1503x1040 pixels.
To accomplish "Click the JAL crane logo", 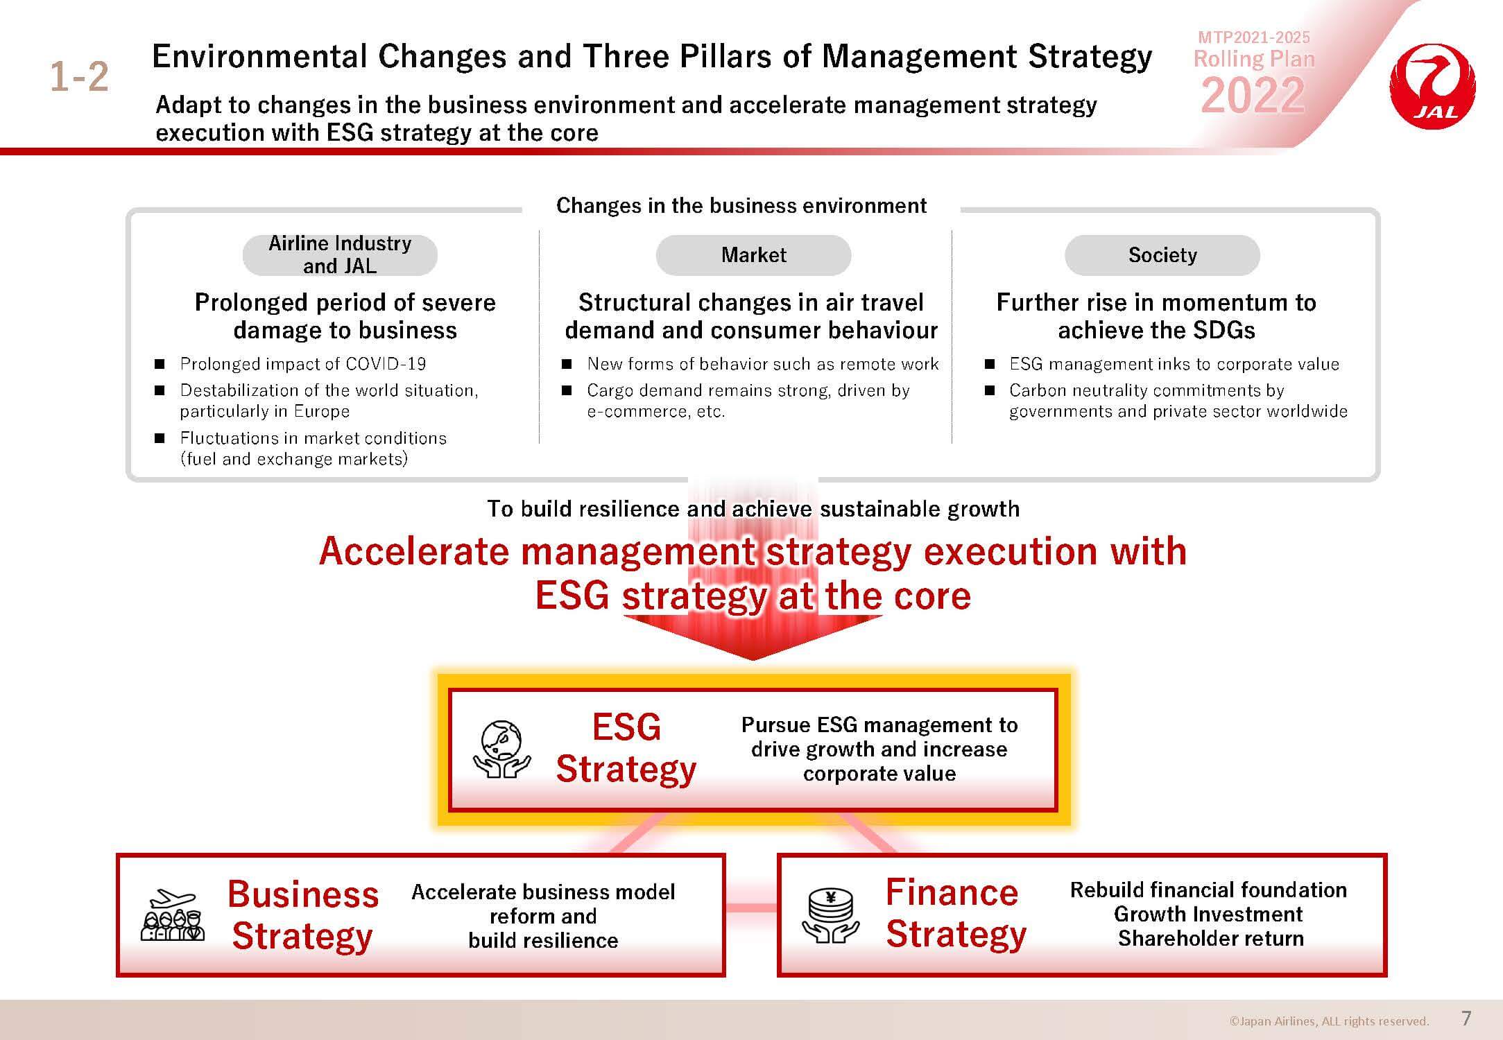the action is click(1432, 87).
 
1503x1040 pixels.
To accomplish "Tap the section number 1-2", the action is click(79, 76).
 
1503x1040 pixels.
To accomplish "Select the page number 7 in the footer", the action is click(1466, 1018).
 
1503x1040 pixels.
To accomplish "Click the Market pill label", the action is click(753, 255).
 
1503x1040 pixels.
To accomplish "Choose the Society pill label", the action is click(1162, 255).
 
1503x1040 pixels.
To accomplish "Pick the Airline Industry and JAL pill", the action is click(340, 255).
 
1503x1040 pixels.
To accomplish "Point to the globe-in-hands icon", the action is click(501, 749).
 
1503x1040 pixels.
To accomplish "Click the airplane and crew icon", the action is click(173, 915).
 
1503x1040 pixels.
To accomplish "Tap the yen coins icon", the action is click(830, 915).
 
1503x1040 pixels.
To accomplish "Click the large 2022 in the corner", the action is click(1253, 95).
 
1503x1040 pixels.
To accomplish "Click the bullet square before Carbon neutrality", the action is click(990, 390).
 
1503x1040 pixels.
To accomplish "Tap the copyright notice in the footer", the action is click(1329, 1021).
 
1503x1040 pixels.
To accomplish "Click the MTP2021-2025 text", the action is click(1254, 37).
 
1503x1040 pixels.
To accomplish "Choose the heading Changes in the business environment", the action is click(741, 205).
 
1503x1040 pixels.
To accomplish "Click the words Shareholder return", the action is click(1210, 938).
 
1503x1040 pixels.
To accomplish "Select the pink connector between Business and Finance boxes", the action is click(751, 908).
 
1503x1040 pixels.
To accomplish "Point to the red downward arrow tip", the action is click(753, 659).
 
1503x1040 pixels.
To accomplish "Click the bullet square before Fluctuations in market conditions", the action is click(160, 438).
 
